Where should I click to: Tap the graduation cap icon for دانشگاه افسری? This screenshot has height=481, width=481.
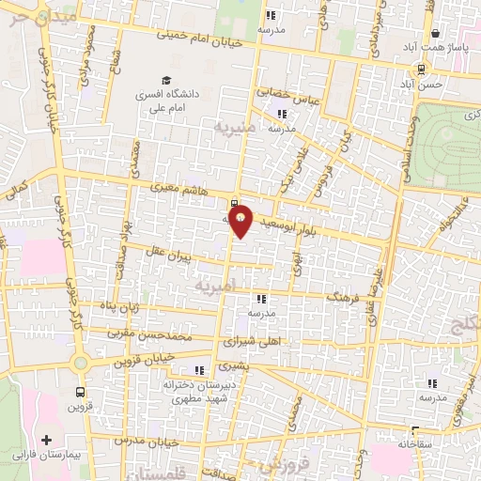pyautogui.click(x=166, y=81)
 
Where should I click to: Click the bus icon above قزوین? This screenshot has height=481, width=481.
pyautogui.click(x=80, y=393)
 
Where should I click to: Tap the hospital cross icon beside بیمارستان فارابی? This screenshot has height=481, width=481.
pyautogui.click(x=45, y=440)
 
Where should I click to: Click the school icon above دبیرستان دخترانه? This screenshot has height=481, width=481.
pyautogui.click(x=198, y=369)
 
